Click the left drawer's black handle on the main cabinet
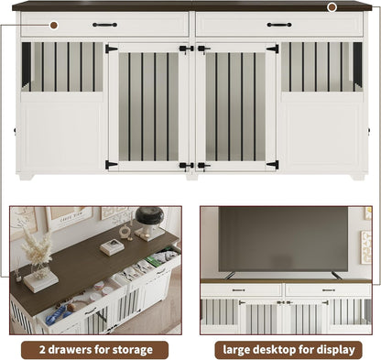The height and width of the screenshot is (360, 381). coord(104,25)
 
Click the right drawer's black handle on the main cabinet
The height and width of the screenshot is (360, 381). coord(279,25)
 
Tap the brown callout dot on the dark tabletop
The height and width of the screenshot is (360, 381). coord(332,6)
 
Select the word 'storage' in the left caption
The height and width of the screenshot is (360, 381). coord(136,349)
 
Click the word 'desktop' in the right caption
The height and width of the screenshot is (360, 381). coord(280,349)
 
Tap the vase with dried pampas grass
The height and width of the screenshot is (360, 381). coord(38,261)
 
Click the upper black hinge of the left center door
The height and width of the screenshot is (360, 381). coord(111,49)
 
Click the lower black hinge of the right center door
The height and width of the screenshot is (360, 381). coord(272,165)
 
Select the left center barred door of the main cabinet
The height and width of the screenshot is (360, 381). coord(148,107)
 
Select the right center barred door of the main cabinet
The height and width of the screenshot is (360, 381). coord(235,107)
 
